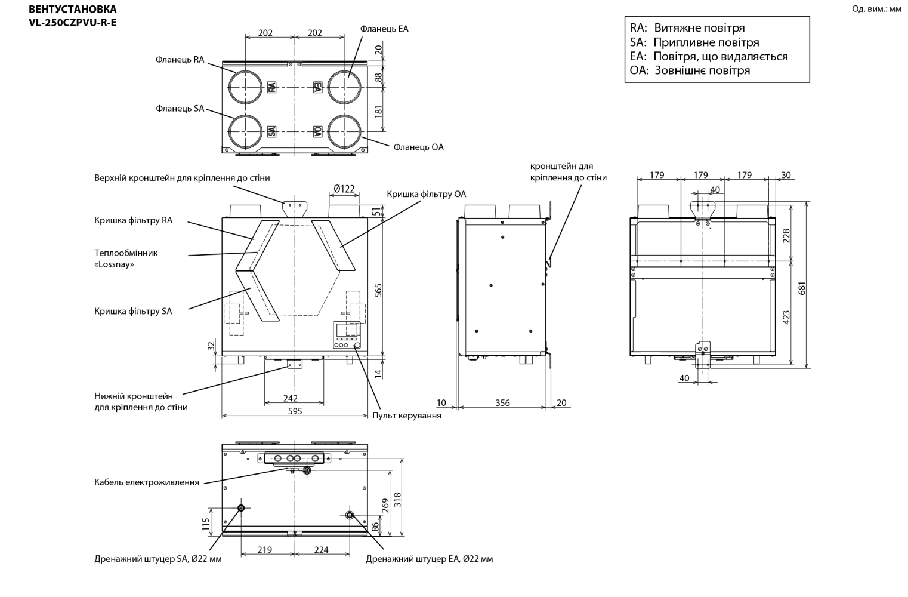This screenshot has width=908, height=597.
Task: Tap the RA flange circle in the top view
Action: [245, 87]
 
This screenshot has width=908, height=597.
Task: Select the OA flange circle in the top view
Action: [344, 131]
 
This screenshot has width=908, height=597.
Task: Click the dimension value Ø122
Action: [344, 189]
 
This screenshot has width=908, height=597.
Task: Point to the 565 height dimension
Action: [378, 290]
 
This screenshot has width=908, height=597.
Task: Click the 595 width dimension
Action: [295, 411]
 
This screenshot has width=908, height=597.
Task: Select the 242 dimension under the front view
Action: [291, 398]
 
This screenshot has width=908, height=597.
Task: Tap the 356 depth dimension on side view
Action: [502, 403]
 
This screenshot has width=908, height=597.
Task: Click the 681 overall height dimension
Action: [802, 288]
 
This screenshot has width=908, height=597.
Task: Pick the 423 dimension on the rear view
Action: [786, 317]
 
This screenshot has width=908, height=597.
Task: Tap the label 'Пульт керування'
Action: [407, 416]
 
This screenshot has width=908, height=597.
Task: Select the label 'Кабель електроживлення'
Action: [147, 482]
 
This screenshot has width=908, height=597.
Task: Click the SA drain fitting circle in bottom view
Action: [241, 508]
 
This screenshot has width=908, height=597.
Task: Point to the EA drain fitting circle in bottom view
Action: [350, 515]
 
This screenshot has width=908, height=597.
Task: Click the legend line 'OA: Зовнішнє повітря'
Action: [690, 70]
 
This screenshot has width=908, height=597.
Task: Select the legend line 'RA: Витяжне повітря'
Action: [687, 27]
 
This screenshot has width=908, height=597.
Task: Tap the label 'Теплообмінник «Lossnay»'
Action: [126, 259]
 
